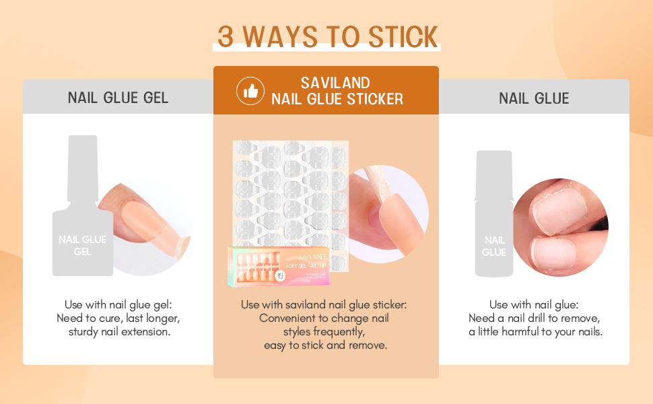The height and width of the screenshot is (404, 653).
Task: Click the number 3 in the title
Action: pos(226,36)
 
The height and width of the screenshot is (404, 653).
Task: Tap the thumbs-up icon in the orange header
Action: pos(250,91)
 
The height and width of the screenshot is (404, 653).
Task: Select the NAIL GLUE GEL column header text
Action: pos(118,98)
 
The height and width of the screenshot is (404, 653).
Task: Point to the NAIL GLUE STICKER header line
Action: pos(337,100)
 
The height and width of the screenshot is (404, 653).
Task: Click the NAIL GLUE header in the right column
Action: pos(534,98)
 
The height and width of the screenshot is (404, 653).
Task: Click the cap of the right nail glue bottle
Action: pos(494,174)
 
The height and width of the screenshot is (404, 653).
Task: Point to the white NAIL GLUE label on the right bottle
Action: pos(494,246)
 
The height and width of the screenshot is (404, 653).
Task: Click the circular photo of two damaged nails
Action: pos(560,218)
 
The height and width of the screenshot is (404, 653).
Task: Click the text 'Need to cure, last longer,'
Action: pos(118,318)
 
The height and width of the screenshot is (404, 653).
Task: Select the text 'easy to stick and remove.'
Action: pos(325,345)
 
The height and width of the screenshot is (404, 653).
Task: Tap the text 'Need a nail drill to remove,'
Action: pos(534,318)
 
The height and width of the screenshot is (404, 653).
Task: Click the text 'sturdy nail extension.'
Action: pos(118,331)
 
